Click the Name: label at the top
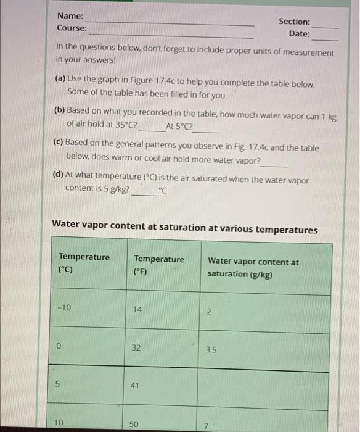[70, 16]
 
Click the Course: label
[72, 28]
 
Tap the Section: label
[294, 22]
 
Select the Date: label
[299, 33]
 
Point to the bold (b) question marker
[60, 110]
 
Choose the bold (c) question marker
[60, 141]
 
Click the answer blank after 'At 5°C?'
[207, 130]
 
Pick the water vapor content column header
[253, 267]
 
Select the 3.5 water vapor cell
[211, 350]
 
